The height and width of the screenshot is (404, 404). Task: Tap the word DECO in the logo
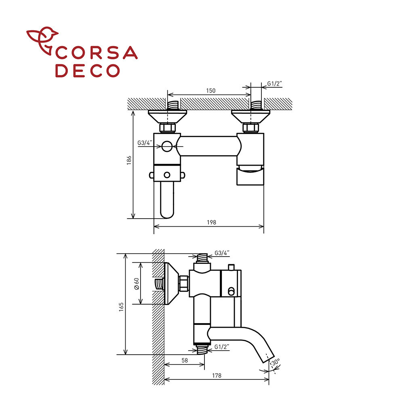tap(88, 71)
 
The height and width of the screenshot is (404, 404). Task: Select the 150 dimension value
tap(210, 90)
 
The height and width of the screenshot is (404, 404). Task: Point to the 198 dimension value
tap(212, 222)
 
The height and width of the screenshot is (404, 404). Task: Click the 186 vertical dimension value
tap(129, 160)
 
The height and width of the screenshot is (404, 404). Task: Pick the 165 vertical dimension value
tap(121, 307)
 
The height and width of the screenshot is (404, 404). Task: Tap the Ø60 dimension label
tap(137, 284)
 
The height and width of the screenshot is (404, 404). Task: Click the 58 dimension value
tap(185, 360)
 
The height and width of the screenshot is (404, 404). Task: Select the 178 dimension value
tap(217, 376)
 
